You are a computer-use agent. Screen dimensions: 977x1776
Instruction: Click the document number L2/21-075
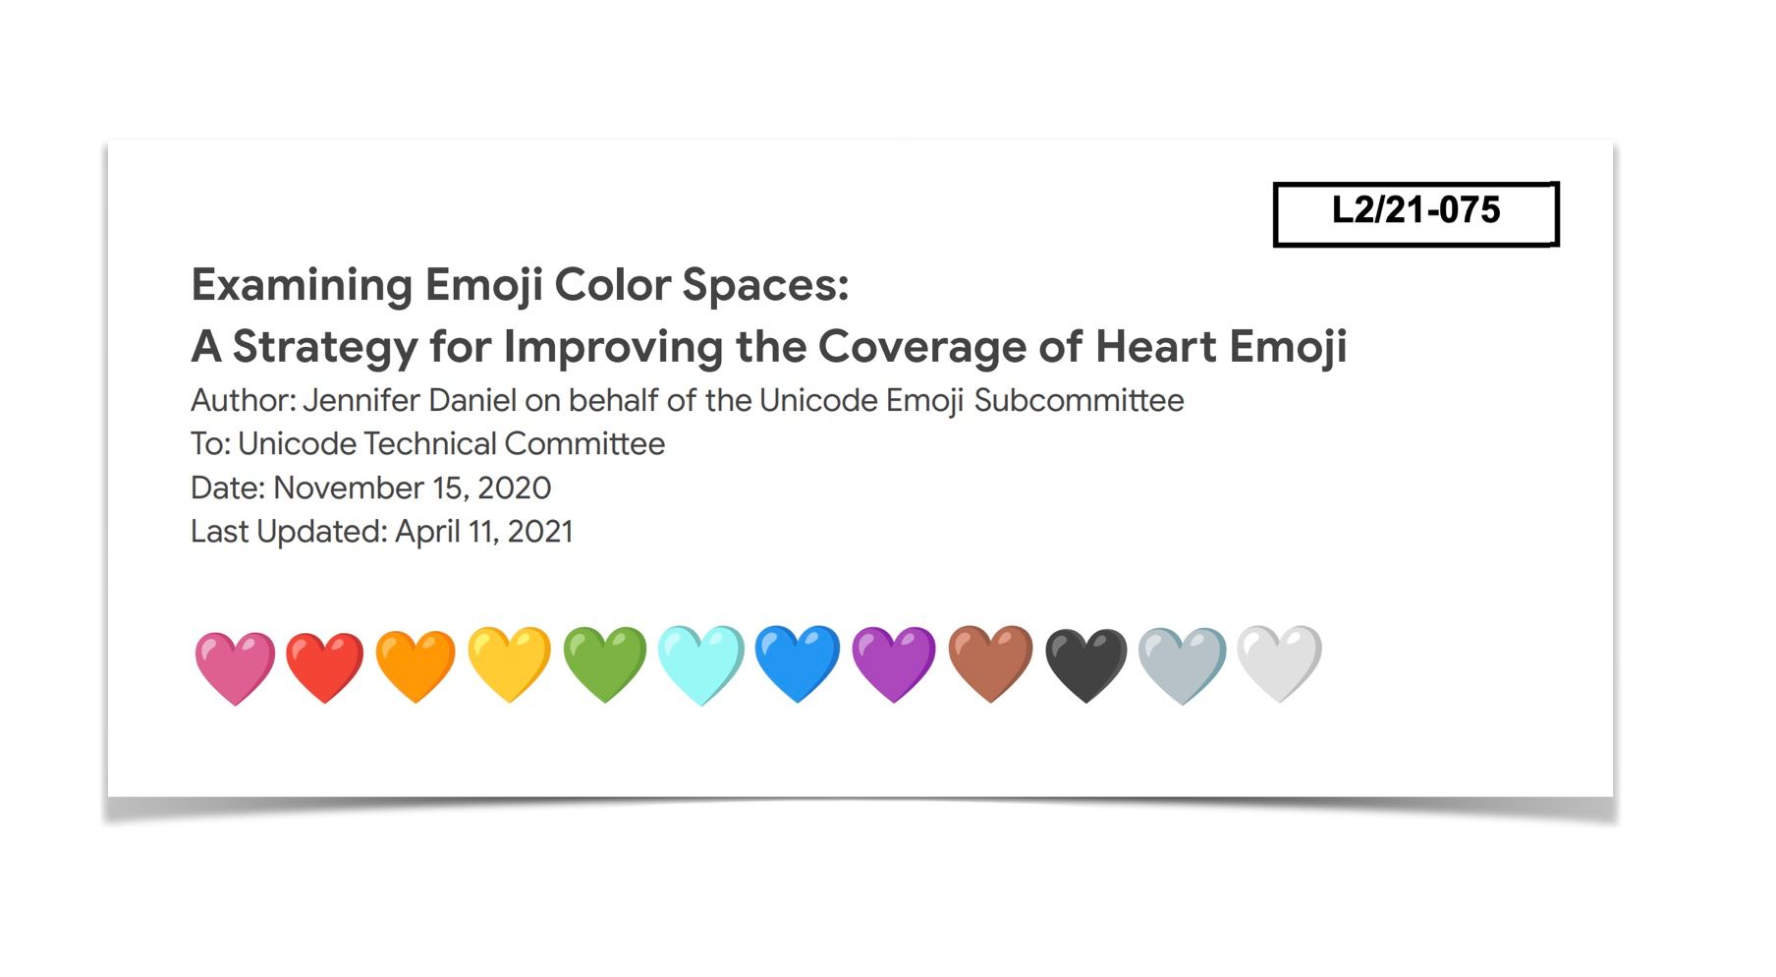click(1415, 210)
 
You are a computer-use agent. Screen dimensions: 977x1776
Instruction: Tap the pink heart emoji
click(235, 665)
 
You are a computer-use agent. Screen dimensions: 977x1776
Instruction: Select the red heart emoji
click(325, 665)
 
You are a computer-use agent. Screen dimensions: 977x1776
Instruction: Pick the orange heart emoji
click(416, 665)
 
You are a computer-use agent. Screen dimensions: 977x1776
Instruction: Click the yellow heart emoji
click(509, 663)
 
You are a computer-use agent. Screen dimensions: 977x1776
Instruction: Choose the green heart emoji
click(605, 663)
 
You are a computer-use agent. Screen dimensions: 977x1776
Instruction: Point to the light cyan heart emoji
click(700, 663)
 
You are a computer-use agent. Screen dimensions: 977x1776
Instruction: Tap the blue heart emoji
click(798, 663)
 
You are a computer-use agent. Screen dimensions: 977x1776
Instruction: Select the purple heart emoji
click(894, 663)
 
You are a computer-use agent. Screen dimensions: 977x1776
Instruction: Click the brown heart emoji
click(990, 663)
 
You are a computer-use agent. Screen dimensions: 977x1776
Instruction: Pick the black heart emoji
click(1085, 664)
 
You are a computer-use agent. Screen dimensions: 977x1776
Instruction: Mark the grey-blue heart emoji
click(1182, 664)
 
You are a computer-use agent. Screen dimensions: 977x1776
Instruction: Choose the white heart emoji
click(1279, 663)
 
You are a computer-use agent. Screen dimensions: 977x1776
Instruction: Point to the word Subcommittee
click(1079, 401)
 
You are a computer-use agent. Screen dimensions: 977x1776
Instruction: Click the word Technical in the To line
click(430, 444)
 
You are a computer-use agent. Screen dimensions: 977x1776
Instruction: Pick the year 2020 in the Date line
click(514, 488)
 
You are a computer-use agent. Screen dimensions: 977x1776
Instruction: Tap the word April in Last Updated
click(427, 533)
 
